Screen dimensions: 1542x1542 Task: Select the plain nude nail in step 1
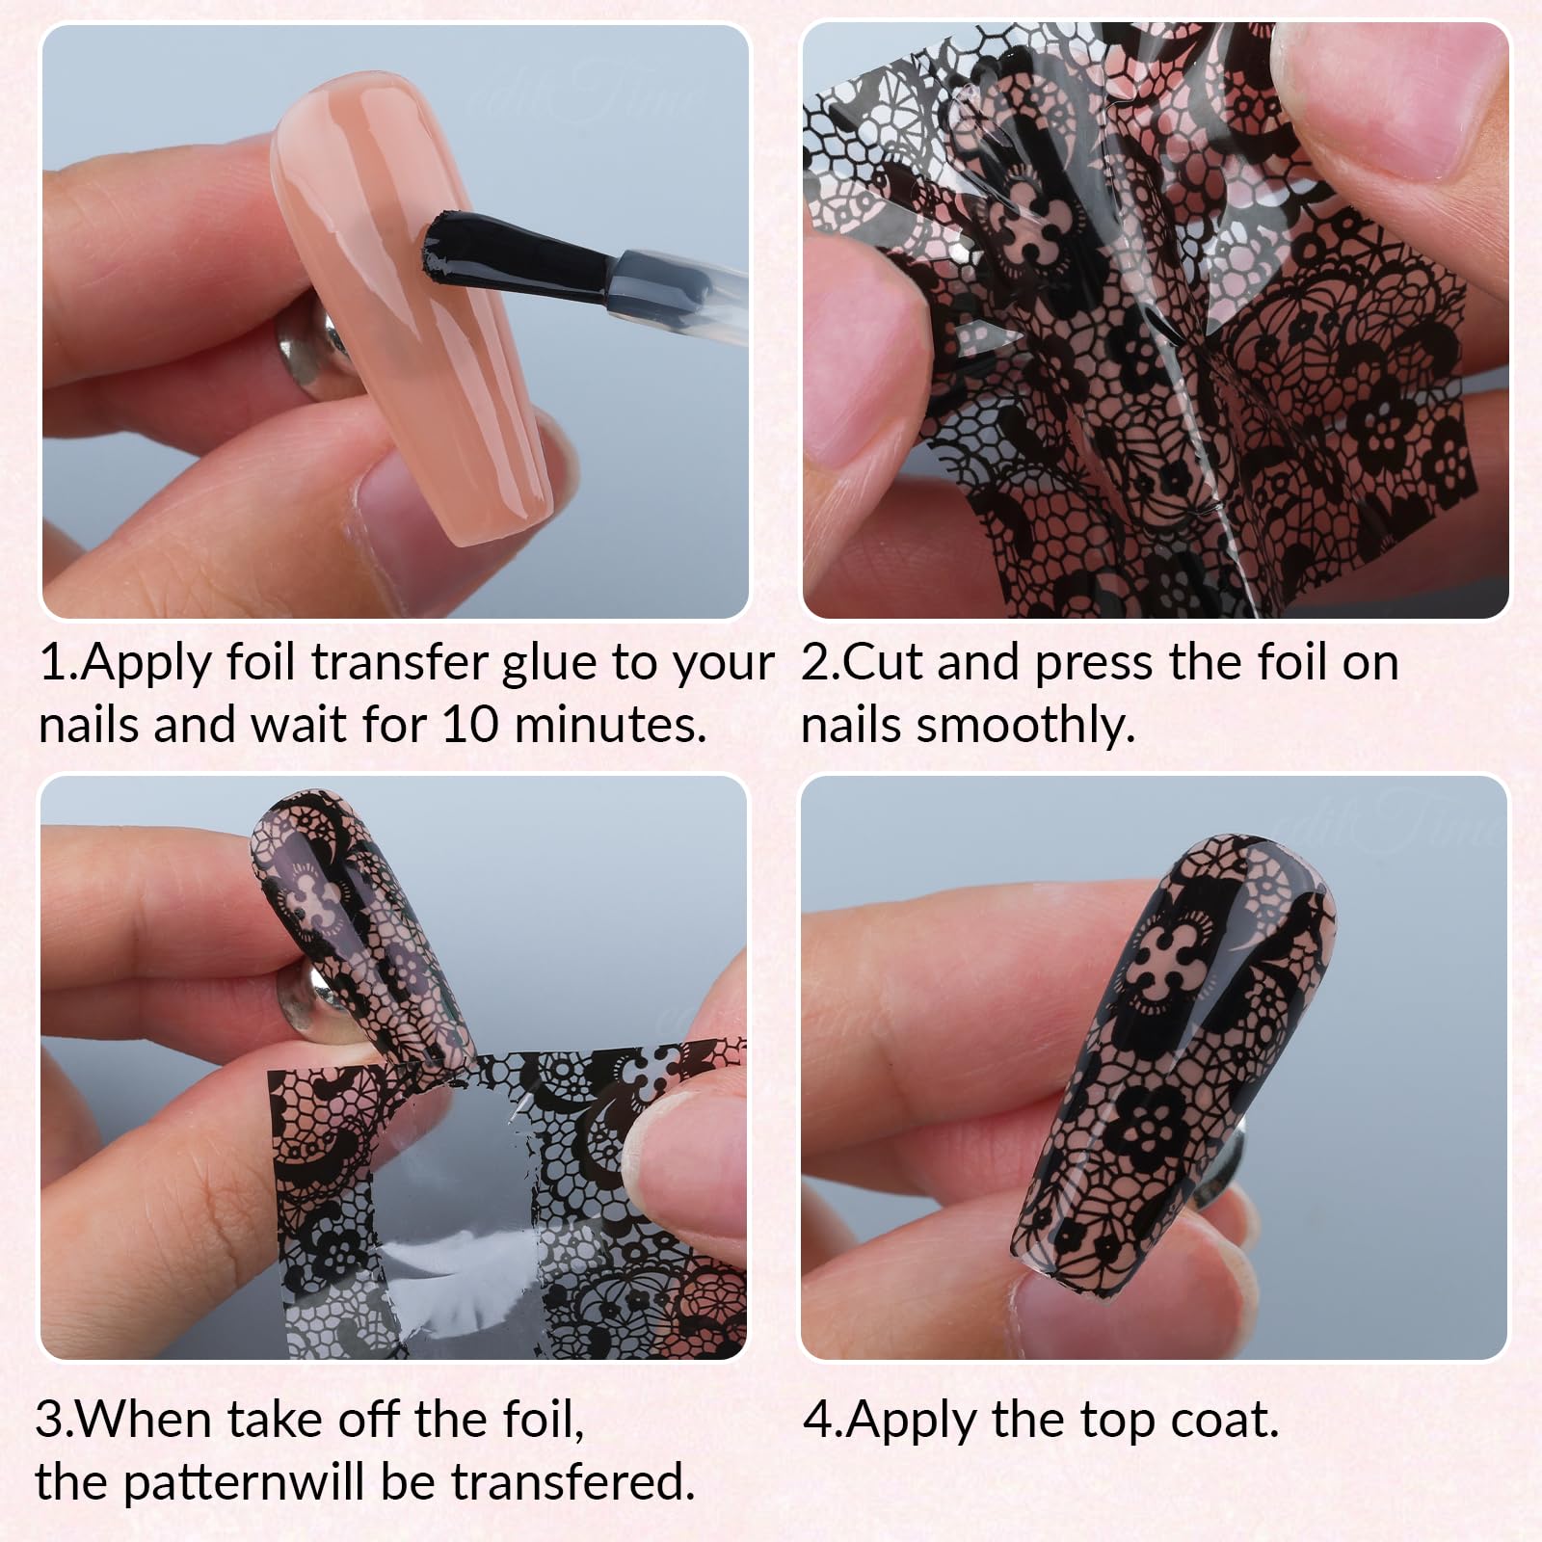point(409,308)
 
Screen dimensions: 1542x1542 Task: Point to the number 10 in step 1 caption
point(471,725)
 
